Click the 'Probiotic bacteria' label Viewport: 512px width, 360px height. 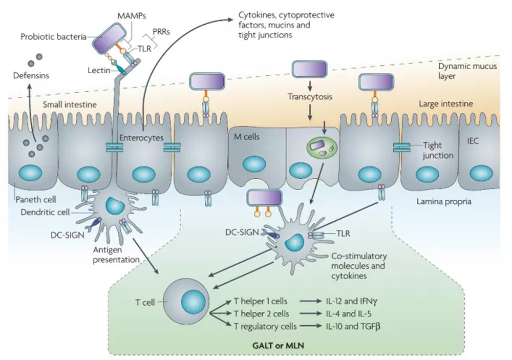point(53,37)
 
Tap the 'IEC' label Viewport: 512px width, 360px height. point(473,141)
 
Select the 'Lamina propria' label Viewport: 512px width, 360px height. point(444,202)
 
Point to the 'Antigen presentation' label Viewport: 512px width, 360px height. point(116,255)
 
